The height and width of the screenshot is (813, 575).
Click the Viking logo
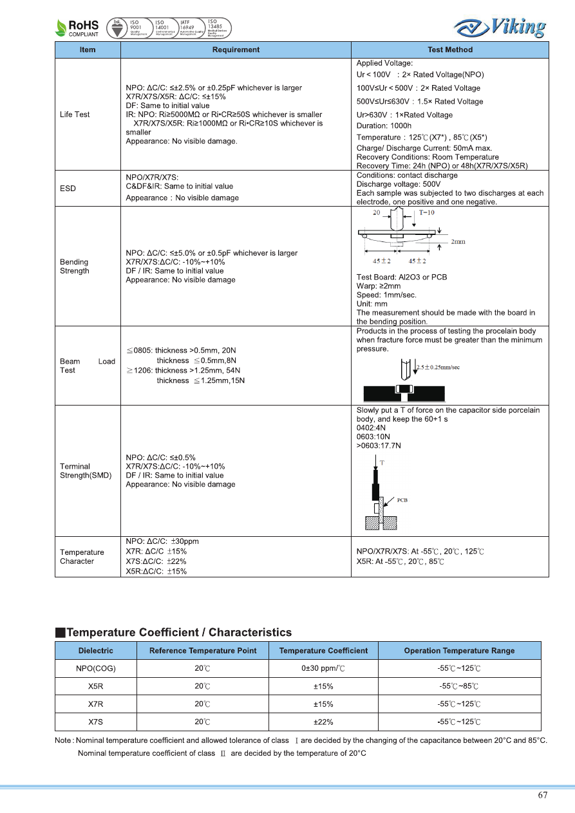click(x=500, y=27)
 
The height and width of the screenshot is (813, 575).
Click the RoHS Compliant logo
click(x=77, y=28)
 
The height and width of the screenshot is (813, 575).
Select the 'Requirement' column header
click(x=236, y=50)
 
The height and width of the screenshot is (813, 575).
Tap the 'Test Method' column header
click(x=449, y=50)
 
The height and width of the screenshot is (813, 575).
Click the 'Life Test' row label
click(x=75, y=115)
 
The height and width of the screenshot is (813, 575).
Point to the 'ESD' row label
click(x=68, y=189)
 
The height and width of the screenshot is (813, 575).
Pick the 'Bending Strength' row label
click(x=75, y=266)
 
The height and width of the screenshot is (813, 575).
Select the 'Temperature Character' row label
click(x=82, y=557)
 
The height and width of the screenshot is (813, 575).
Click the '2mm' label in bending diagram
click(x=458, y=242)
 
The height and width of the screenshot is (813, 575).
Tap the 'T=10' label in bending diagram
click(x=426, y=212)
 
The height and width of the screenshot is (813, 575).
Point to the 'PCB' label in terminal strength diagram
click(x=402, y=500)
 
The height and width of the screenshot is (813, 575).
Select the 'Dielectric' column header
click(x=96, y=651)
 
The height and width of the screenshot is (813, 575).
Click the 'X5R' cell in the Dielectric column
click(x=96, y=686)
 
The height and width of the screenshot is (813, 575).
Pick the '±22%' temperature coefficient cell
click(x=323, y=722)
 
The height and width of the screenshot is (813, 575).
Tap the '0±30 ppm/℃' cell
click(x=323, y=668)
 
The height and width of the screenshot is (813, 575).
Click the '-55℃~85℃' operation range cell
click(x=459, y=686)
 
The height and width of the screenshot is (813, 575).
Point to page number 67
click(x=543, y=795)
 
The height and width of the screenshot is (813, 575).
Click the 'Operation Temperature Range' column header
click(x=459, y=651)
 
